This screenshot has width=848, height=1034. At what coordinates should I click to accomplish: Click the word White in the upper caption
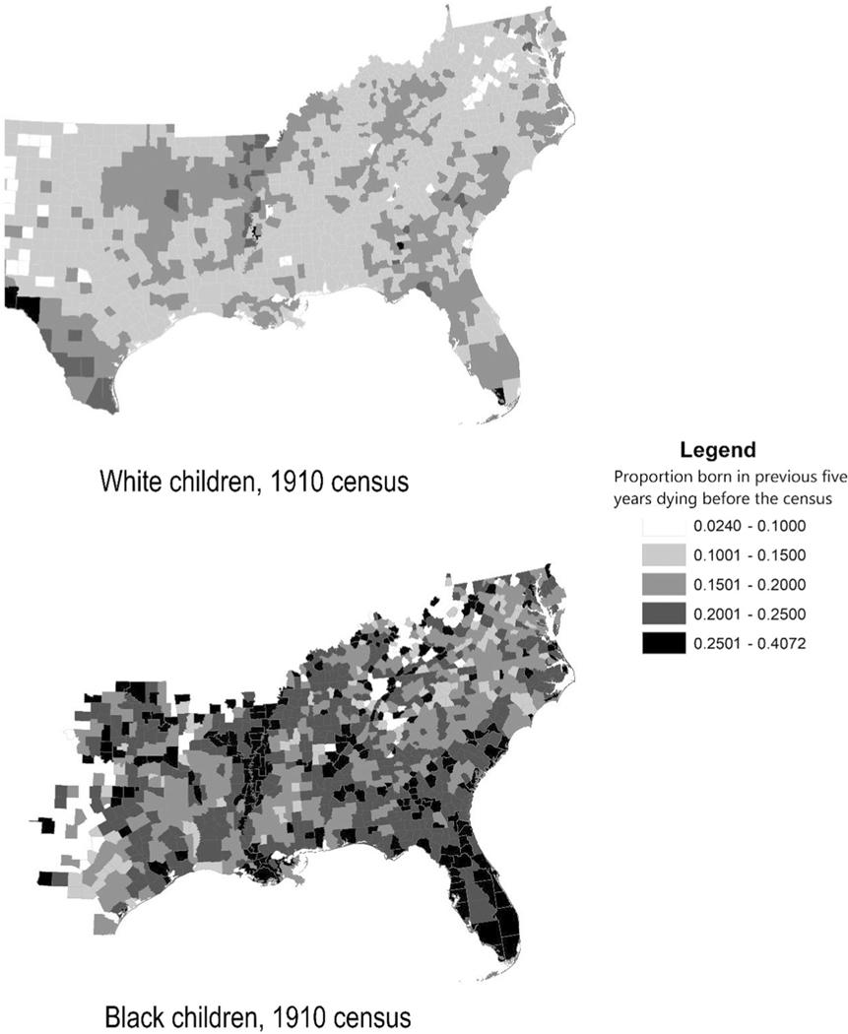[129, 483]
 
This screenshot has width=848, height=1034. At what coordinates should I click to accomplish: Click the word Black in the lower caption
[129, 1013]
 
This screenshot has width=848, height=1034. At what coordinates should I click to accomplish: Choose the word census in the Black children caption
[366, 1013]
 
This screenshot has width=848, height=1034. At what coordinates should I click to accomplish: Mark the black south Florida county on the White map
[498, 397]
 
